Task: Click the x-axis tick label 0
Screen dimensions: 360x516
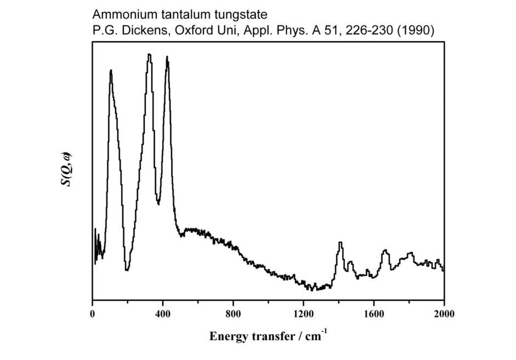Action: click(92, 313)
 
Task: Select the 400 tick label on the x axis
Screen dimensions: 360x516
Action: click(162, 313)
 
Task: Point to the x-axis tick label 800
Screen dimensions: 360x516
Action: click(233, 313)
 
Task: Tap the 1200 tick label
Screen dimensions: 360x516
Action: click(303, 313)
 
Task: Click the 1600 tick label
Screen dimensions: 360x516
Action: click(373, 313)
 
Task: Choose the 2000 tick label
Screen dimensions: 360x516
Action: click(444, 313)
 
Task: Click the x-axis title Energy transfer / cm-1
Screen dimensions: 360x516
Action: click(268, 336)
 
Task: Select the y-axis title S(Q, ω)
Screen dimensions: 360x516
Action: click(67, 171)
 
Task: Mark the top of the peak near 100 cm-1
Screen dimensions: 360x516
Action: click(111, 70)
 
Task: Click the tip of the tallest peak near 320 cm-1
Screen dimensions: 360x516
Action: click(149, 54)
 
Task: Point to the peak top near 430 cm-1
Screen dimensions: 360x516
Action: click(167, 57)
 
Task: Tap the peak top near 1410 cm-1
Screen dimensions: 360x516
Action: click(341, 242)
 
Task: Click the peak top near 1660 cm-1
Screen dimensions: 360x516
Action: click(385, 250)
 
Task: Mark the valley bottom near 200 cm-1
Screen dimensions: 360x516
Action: click(127, 270)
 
